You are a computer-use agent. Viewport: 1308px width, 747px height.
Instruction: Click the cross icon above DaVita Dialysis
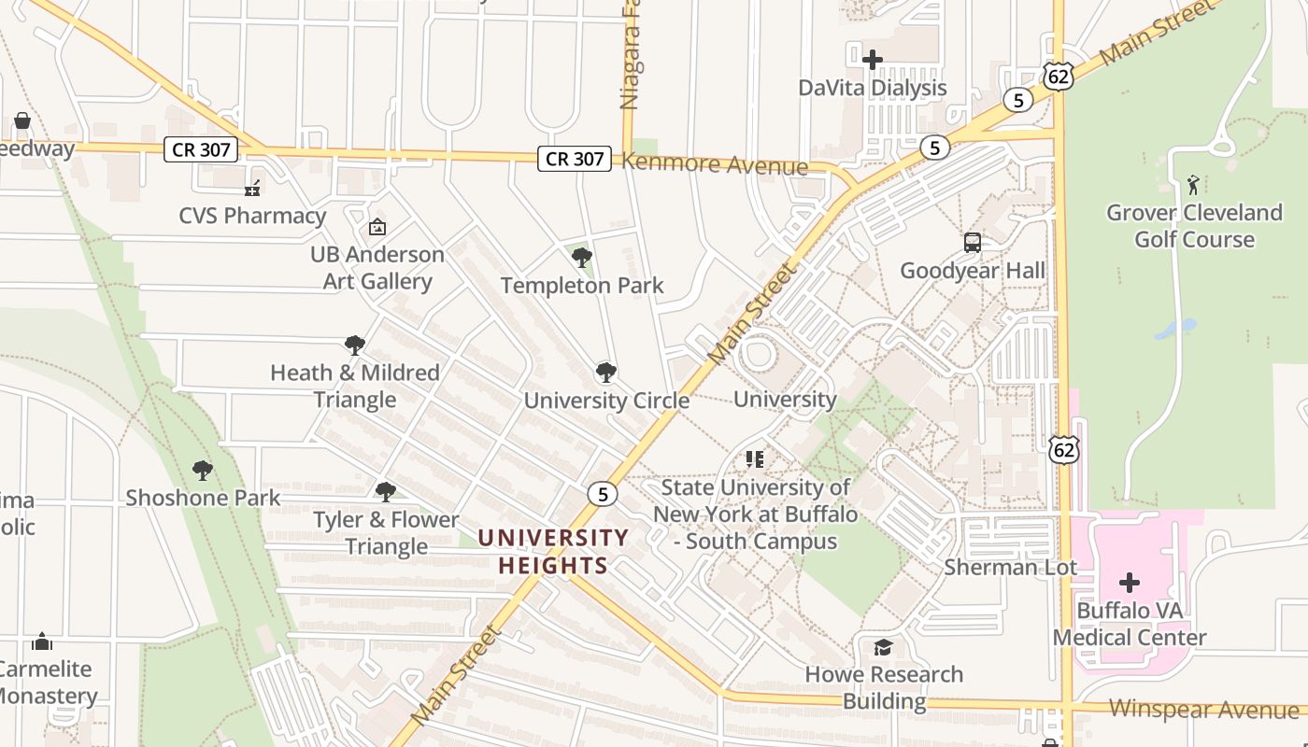[872, 60]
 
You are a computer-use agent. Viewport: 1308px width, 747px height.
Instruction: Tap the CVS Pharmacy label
[252, 216]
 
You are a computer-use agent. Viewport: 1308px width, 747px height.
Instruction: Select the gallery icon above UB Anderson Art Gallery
[377, 227]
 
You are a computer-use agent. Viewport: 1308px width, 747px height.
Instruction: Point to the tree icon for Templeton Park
[581, 258]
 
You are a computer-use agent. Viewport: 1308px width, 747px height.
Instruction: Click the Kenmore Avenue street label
[715, 165]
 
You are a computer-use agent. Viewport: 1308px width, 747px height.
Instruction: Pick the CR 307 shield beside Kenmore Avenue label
[574, 159]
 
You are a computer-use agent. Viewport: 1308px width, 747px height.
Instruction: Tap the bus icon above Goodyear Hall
[972, 243]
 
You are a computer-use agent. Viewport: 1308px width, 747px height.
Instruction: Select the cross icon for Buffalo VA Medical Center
[1129, 584]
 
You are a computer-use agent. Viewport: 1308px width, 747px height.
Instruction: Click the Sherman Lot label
[1010, 567]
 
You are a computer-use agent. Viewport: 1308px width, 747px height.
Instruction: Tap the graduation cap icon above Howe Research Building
[883, 647]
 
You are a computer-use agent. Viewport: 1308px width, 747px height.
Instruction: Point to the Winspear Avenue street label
[1205, 709]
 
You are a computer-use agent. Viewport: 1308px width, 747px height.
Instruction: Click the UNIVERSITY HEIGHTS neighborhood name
[553, 551]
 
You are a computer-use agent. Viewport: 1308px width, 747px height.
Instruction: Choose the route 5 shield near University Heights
[603, 494]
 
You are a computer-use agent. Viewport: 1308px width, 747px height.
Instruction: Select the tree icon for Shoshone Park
[202, 471]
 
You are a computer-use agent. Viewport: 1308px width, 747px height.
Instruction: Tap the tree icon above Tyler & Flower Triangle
[385, 492]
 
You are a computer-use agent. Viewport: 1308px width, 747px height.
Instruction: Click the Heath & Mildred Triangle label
[355, 386]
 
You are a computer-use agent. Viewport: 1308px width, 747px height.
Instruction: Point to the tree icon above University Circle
[605, 373]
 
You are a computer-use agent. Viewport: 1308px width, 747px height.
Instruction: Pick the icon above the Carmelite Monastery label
[41, 641]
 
